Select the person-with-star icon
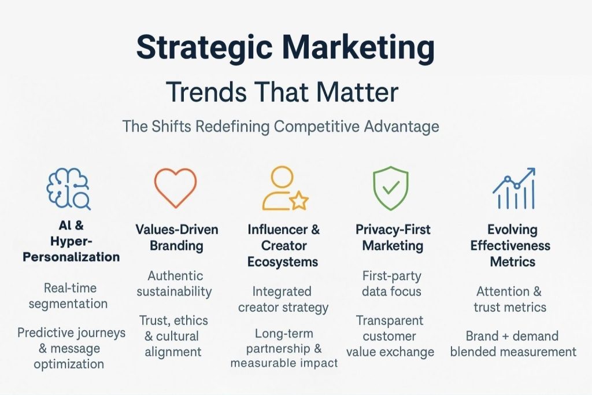point(283,188)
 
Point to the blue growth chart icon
point(513,189)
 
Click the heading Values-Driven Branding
point(177,237)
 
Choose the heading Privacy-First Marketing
point(393,237)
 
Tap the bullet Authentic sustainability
point(175,283)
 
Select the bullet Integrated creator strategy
point(283,298)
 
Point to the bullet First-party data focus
point(391,283)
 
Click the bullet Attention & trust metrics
point(510,299)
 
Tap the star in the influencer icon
point(298,201)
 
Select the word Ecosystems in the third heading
point(283,261)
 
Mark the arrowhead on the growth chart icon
point(530,172)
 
